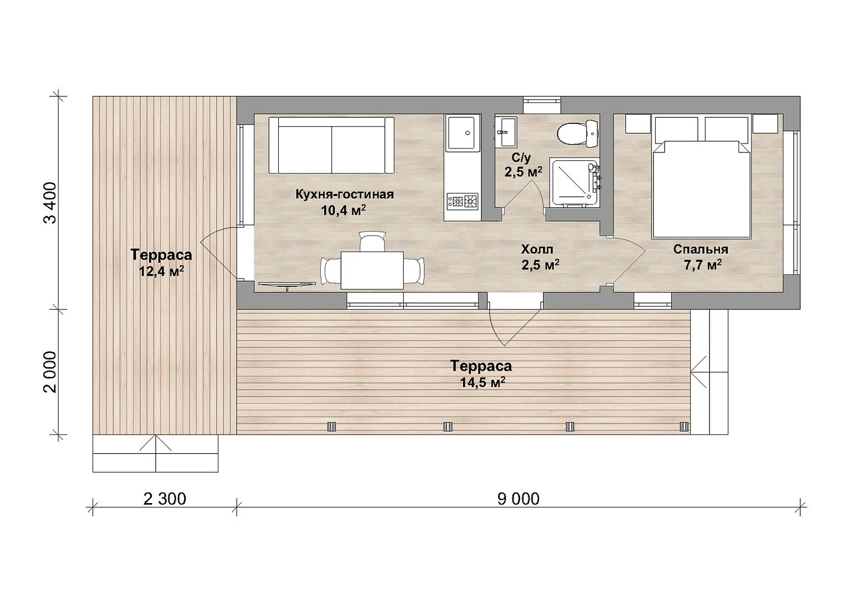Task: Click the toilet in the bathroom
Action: click(577, 134)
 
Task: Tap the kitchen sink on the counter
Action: click(462, 133)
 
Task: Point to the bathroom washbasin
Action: click(506, 132)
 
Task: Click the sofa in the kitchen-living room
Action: click(331, 145)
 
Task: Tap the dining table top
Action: click(372, 270)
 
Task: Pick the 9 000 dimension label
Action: click(518, 499)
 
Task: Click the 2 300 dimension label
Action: click(165, 499)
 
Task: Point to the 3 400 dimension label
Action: click(50, 202)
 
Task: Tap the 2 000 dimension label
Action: click(50, 372)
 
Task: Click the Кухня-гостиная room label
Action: click(345, 194)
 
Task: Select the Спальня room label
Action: click(701, 249)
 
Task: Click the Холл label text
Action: click(537, 249)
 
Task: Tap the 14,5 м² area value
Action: click(483, 382)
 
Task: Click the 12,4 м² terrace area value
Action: click(161, 271)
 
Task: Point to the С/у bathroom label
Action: click(521, 157)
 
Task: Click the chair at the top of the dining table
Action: click(372, 241)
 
